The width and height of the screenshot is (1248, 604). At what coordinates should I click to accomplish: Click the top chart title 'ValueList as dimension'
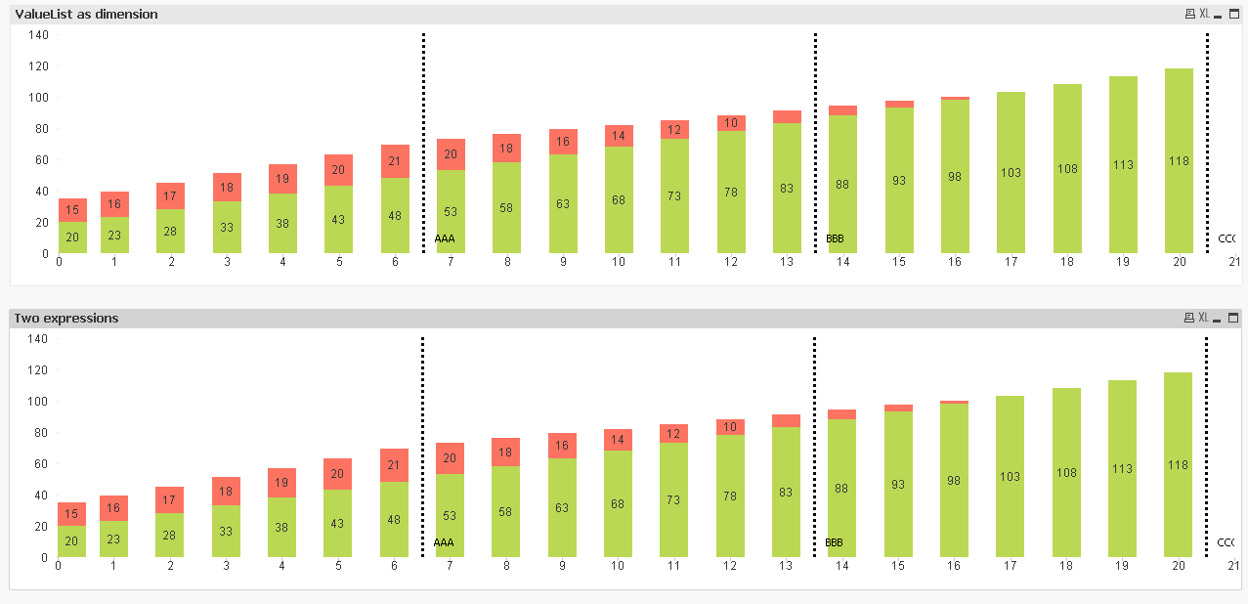click(86, 15)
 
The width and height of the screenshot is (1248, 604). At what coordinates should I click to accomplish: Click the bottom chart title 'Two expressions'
click(66, 319)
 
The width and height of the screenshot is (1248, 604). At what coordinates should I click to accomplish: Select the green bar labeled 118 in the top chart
click(1179, 161)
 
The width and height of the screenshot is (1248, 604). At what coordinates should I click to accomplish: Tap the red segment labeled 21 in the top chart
click(395, 161)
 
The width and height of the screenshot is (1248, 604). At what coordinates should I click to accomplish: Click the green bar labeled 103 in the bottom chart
click(1011, 477)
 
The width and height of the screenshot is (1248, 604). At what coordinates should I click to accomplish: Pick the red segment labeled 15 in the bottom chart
click(72, 514)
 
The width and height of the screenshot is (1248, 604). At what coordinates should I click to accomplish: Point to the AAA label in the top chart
click(445, 238)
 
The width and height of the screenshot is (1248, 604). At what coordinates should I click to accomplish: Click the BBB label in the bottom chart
click(834, 542)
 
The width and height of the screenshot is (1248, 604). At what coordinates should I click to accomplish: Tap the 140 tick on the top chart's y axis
click(39, 35)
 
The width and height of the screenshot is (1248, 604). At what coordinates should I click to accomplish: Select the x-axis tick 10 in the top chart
click(619, 262)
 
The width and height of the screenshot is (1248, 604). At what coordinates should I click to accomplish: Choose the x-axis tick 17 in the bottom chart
click(1011, 566)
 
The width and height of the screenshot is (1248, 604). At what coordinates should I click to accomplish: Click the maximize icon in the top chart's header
click(1233, 15)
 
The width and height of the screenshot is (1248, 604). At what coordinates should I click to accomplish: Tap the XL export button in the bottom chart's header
click(1204, 319)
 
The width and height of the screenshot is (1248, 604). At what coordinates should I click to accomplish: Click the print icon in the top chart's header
click(1189, 15)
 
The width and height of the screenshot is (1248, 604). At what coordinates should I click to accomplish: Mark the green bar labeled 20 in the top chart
click(72, 237)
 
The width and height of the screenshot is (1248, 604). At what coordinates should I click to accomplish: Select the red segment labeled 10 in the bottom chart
click(730, 427)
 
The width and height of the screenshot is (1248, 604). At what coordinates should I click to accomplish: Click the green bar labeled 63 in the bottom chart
click(563, 508)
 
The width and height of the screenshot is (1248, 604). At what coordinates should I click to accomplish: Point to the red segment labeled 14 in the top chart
click(619, 136)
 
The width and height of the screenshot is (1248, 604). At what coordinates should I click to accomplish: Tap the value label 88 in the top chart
click(842, 184)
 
